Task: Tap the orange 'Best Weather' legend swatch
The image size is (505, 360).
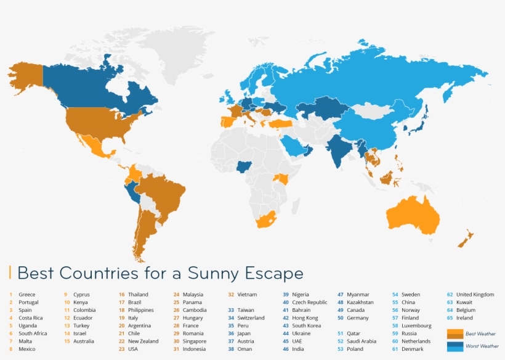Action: (x=454, y=333)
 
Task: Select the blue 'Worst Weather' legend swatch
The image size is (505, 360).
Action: (x=454, y=346)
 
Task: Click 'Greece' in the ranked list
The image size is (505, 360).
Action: (x=27, y=295)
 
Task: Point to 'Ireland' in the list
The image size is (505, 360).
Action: (x=464, y=318)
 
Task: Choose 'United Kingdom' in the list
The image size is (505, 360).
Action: (x=475, y=295)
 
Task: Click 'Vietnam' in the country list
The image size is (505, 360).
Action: (x=247, y=295)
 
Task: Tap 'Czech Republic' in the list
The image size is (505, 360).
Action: (x=309, y=303)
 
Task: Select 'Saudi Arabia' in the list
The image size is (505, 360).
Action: (x=361, y=341)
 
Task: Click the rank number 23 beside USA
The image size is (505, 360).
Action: (x=121, y=349)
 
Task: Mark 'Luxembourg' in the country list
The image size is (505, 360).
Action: (x=416, y=325)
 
